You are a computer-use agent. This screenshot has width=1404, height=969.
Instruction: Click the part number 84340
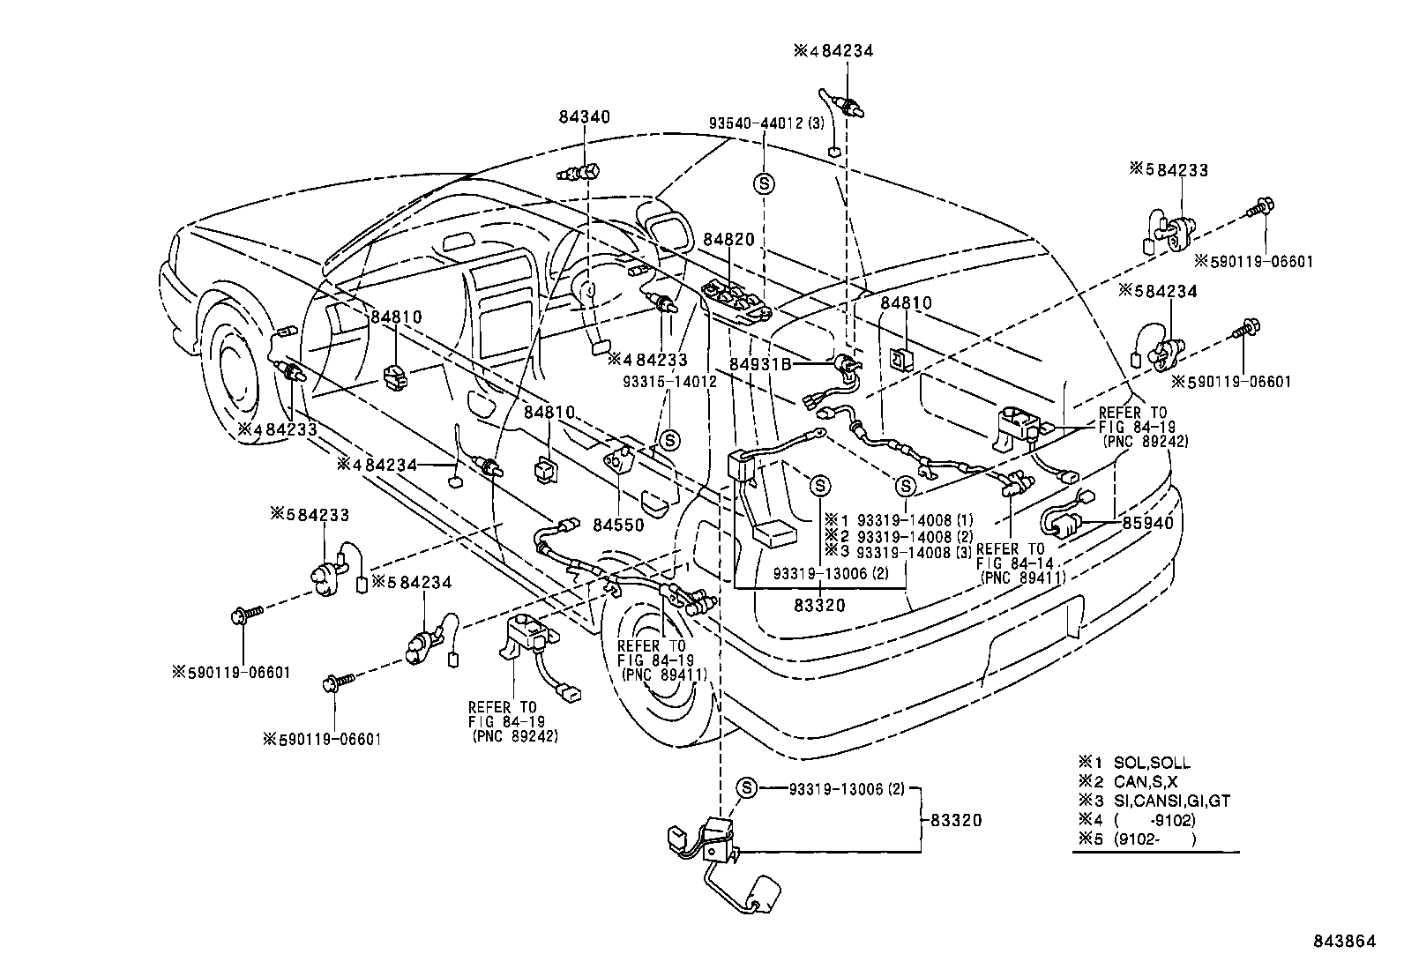[x=584, y=116]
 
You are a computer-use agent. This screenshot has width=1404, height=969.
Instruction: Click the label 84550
[x=617, y=525]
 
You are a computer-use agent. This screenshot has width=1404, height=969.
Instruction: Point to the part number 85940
[x=1147, y=522]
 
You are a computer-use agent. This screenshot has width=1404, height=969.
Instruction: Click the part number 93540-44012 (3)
[x=765, y=123]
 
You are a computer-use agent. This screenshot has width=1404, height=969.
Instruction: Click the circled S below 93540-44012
[x=765, y=183]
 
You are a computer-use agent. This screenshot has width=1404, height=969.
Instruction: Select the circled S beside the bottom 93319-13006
[x=746, y=788]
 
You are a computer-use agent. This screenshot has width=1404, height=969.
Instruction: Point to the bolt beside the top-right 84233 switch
[x=1260, y=210]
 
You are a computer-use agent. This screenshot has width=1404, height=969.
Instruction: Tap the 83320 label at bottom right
[x=956, y=820]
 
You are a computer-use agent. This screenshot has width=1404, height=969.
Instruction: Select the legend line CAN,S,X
[x=1146, y=782]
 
